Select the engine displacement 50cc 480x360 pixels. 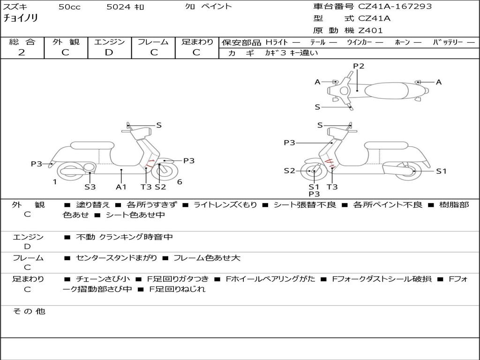click(68, 7)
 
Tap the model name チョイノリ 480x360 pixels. click(21, 19)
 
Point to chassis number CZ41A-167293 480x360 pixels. click(395, 7)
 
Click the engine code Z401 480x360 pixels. click(370, 30)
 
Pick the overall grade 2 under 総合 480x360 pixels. click(22, 52)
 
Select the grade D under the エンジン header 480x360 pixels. click(109, 52)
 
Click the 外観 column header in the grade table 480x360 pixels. click(66, 42)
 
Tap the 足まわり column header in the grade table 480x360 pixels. click(197, 42)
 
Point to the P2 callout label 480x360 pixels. click(359, 66)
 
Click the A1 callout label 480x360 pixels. click(121, 187)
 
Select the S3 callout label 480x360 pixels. click(90, 187)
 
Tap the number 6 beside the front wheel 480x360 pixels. click(180, 181)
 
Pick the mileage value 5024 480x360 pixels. click(116, 7)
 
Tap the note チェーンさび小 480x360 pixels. click(103, 279)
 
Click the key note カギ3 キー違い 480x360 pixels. click(291, 53)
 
